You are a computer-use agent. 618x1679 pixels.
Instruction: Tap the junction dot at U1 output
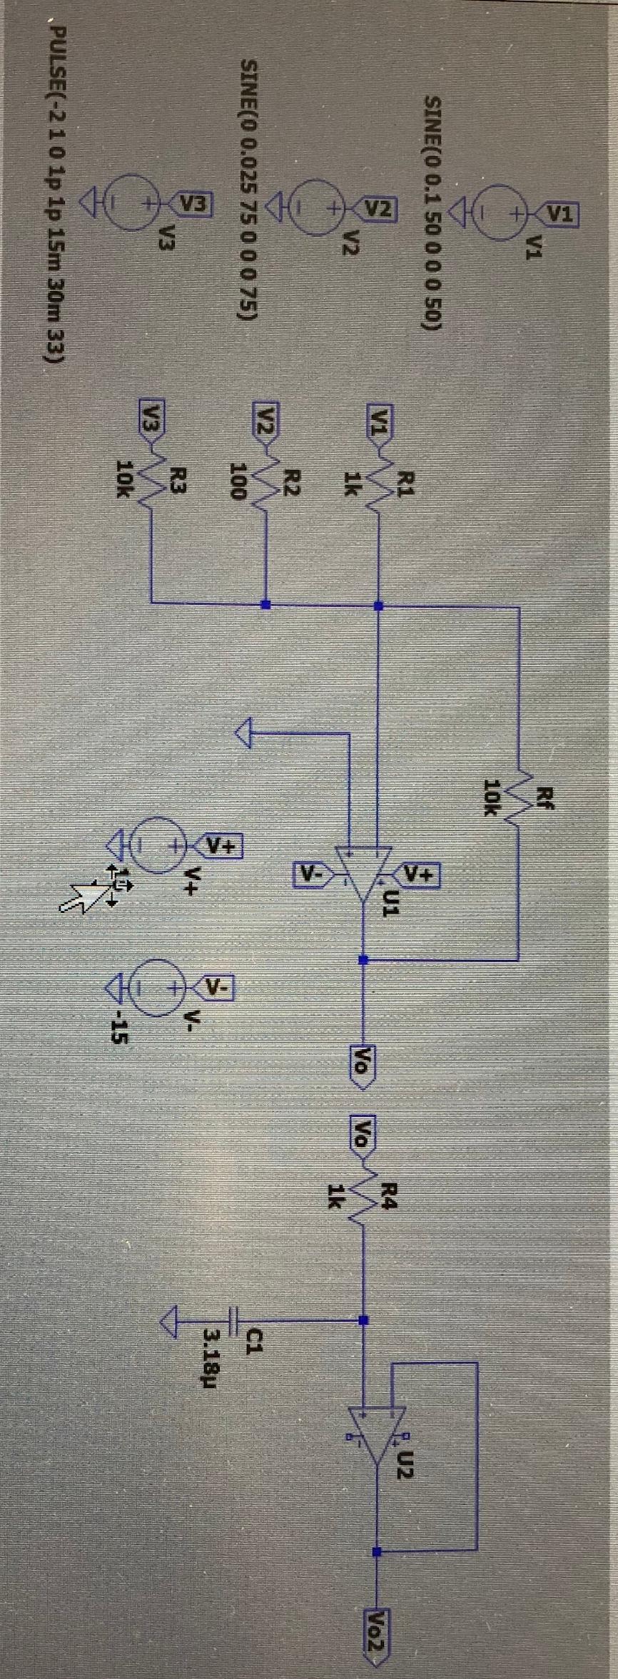363,959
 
